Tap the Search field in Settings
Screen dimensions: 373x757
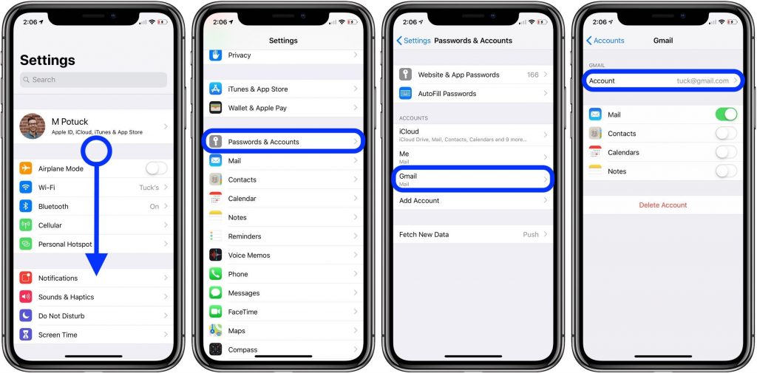click(x=93, y=80)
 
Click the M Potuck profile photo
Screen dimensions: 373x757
click(x=33, y=126)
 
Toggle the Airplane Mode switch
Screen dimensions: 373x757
click(x=156, y=168)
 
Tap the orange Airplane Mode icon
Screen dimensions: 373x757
click(x=27, y=168)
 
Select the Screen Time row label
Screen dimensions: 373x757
click(x=58, y=335)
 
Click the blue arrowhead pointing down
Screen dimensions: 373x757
click(x=96, y=263)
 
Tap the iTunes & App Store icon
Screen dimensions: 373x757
click(x=216, y=89)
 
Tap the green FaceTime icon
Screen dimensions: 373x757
click(x=216, y=312)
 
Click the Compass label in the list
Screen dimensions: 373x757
click(x=242, y=349)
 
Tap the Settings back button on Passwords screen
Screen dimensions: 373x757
click(x=413, y=41)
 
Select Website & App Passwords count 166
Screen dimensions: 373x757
click(x=532, y=75)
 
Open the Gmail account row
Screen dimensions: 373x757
click(x=474, y=179)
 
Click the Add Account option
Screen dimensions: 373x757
click(x=419, y=201)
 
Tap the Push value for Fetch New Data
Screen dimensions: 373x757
click(x=531, y=234)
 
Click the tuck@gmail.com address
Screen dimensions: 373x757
click(x=702, y=81)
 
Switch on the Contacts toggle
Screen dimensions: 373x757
click(x=726, y=134)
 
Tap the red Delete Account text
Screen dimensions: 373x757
click(x=663, y=205)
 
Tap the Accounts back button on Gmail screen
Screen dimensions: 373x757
click(x=605, y=41)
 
